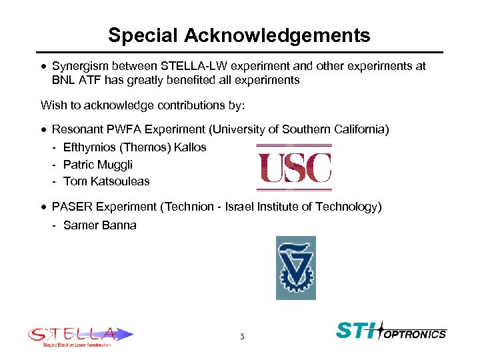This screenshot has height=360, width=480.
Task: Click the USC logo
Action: tap(294, 167)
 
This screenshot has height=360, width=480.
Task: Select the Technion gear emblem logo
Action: tap(296, 267)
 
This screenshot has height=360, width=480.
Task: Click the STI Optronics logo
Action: tap(391, 331)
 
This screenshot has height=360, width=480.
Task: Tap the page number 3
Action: tap(242, 337)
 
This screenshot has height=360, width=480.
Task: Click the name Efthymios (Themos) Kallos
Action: tap(135, 147)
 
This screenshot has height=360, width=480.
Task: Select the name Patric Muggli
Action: tap(98, 164)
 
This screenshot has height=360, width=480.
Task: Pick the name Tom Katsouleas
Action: tap(107, 181)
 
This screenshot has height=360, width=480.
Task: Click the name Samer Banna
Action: tap(100, 225)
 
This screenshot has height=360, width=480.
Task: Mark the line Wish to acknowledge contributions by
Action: tap(143, 105)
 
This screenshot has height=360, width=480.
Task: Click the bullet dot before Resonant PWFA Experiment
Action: tap(43, 129)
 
